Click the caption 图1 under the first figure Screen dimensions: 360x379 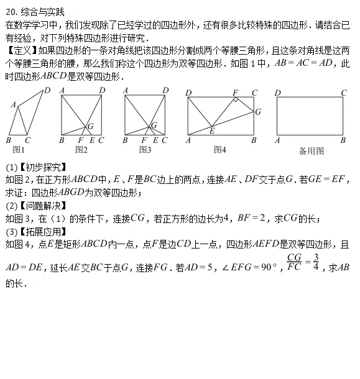pyautogui.click(x=19, y=150)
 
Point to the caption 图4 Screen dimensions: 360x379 pyautogui.click(x=219, y=150)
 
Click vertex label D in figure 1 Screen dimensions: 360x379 pyautogui.click(x=47, y=91)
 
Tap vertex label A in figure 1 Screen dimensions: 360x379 pyautogui.click(x=13, y=105)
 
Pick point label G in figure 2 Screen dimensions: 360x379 pyautogui.click(x=91, y=127)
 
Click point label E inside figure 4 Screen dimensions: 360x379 pyautogui.click(x=212, y=130)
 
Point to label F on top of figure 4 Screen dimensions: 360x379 pyautogui.click(x=235, y=93)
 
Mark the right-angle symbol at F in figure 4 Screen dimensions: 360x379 pyautogui.click(x=237, y=99)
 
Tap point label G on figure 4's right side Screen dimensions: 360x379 pyautogui.click(x=259, y=112)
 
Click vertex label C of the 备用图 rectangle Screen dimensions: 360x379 pyautogui.click(x=343, y=93)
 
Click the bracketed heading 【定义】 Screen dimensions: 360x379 pyautogui.click(x=21, y=50)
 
